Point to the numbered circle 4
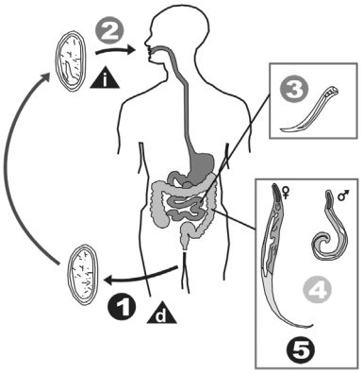coord(322,294)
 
